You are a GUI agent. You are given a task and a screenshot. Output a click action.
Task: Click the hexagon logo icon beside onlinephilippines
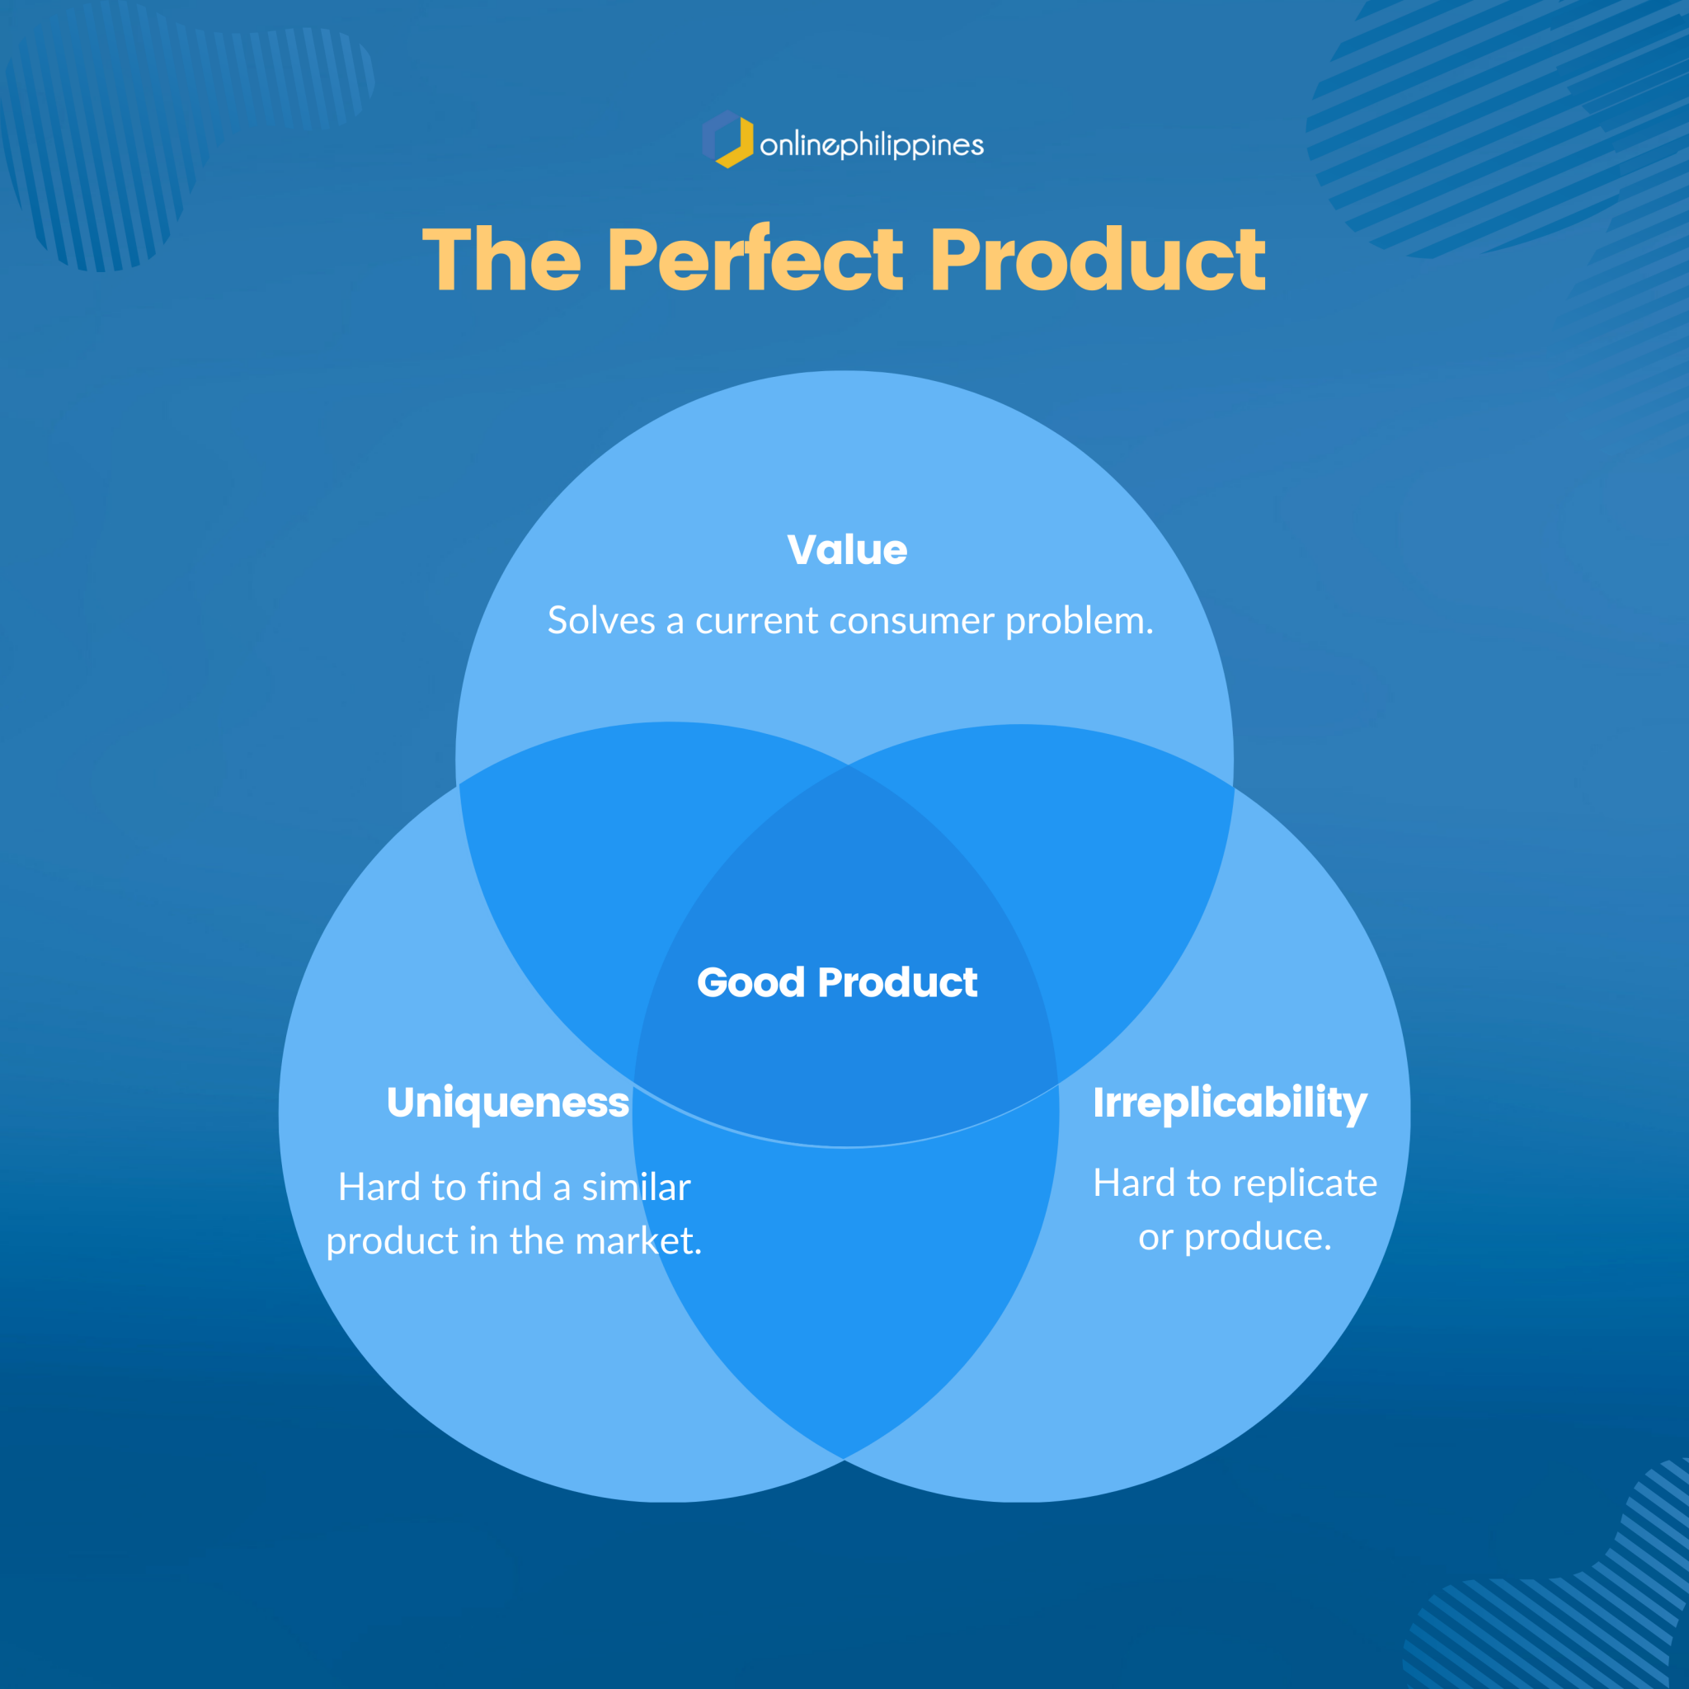[x=727, y=139]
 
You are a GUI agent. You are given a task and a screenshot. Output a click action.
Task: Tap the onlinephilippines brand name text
[x=872, y=144]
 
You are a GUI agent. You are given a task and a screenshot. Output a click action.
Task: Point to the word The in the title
[x=501, y=260]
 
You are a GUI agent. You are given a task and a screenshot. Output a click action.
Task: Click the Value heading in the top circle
[x=847, y=550]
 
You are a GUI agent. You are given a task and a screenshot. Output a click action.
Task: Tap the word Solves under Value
[x=601, y=620]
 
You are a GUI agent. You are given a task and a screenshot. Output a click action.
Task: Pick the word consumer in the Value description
[x=912, y=622]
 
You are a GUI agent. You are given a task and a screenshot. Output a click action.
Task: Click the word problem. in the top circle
[x=1080, y=622]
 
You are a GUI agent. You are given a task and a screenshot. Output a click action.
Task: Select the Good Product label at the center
[x=836, y=982]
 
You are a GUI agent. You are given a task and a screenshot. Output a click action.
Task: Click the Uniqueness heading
[x=508, y=1103]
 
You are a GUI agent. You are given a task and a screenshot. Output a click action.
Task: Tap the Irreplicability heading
[x=1230, y=1103]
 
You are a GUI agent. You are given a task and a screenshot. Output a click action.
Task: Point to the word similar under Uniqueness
[x=637, y=1188]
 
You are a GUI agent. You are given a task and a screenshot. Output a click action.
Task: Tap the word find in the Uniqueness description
[x=510, y=1188]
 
